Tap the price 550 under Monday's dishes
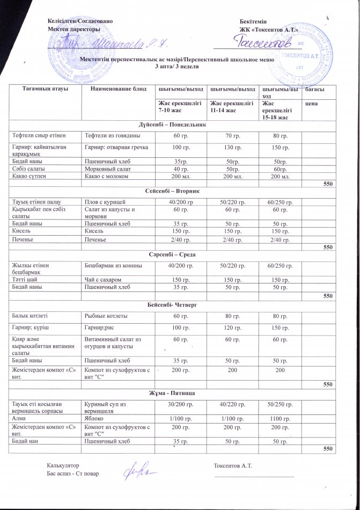tap(328, 184)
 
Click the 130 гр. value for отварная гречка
tap(229, 147)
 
